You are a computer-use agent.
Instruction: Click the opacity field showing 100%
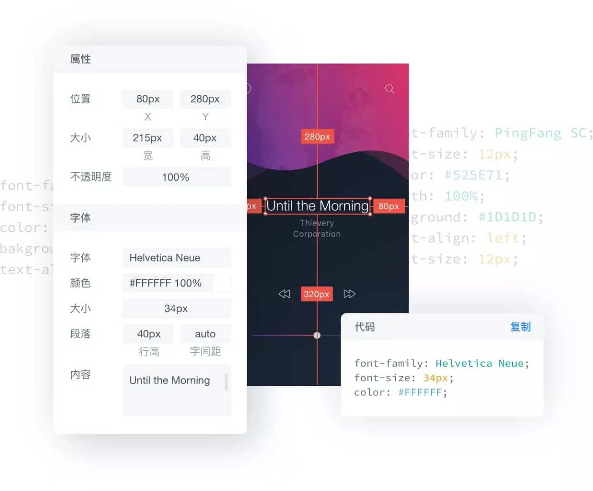click(176, 177)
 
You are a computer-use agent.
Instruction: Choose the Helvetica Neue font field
click(176, 258)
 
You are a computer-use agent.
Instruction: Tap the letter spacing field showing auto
click(205, 334)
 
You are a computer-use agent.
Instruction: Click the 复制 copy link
click(520, 327)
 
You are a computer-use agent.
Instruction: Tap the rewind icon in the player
click(284, 294)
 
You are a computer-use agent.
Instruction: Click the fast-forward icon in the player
click(349, 294)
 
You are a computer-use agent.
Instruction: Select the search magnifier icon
click(389, 89)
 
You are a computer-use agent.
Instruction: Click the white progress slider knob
click(317, 336)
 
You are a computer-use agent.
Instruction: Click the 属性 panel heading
click(80, 59)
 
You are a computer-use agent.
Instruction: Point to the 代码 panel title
click(365, 327)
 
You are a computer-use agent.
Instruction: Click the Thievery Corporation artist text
click(317, 228)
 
